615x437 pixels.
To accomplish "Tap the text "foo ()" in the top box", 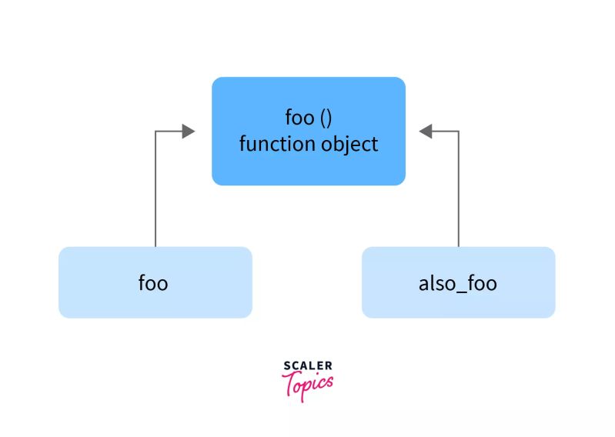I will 308,118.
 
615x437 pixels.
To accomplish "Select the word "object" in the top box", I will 349,144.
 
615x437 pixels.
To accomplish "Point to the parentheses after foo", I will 326,118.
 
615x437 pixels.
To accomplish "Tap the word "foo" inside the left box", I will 153,282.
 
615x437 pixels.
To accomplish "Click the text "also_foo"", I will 457,283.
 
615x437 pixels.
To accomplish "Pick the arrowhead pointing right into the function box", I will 188,132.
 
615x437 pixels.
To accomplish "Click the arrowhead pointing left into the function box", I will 427,132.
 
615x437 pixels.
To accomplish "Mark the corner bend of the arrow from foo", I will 156,132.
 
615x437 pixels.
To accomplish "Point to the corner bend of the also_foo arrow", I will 459,132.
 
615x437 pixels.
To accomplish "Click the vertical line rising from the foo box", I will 156,192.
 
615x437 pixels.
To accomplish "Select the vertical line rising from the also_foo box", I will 459,192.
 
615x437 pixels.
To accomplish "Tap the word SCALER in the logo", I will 308,365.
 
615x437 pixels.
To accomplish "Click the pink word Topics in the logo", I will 309,382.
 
